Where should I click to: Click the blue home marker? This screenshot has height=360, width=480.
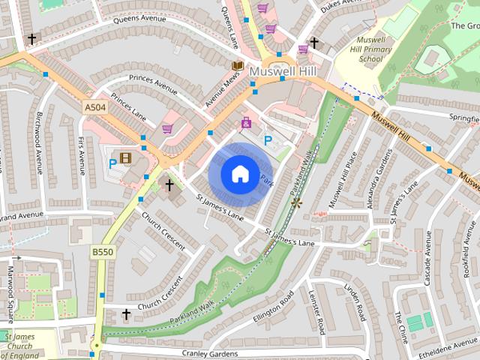pos(240,175)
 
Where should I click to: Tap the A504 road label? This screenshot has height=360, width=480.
pos(95,109)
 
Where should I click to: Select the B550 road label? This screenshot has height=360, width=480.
pos(102,252)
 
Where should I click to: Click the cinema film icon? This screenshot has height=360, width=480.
pos(125,158)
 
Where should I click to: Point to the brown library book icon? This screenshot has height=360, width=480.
pos(237,66)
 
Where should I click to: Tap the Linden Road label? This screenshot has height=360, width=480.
pos(352,299)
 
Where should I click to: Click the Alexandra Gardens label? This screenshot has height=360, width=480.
pos(377,177)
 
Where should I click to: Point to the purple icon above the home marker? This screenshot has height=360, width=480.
pos(246,122)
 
